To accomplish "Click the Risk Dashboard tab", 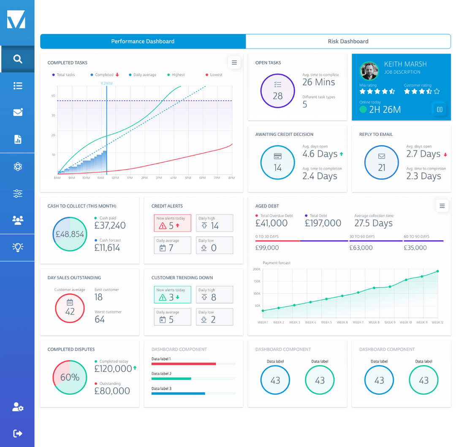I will click(x=348, y=41).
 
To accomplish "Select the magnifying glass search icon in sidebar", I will click(x=17, y=59).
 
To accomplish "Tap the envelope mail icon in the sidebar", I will click(x=17, y=113).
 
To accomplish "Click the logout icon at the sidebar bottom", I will click(x=17, y=433).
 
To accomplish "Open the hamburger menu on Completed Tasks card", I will click(x=234, y=63).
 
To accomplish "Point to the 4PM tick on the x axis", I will click(x=173, y=178).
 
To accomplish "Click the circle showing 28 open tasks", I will click(x=277, y=91).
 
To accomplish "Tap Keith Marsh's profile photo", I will click(x=369, y=71).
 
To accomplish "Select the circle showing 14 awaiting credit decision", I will click(x=277, y=163).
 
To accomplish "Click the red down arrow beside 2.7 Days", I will click(x=445, y=155).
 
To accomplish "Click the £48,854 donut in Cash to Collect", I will click(x=70, y=234).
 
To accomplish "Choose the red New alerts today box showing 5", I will click(x=172, y=223).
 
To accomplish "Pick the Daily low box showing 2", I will click(x=214, y=317).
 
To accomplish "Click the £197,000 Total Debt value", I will click(x=323, y=223).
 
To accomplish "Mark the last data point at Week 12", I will click(x=437, y=271).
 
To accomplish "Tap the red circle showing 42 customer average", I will click(x=70, y=308).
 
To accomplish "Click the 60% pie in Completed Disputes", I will click(x=70, y=377).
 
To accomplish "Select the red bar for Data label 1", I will click(x=184, y=364).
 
